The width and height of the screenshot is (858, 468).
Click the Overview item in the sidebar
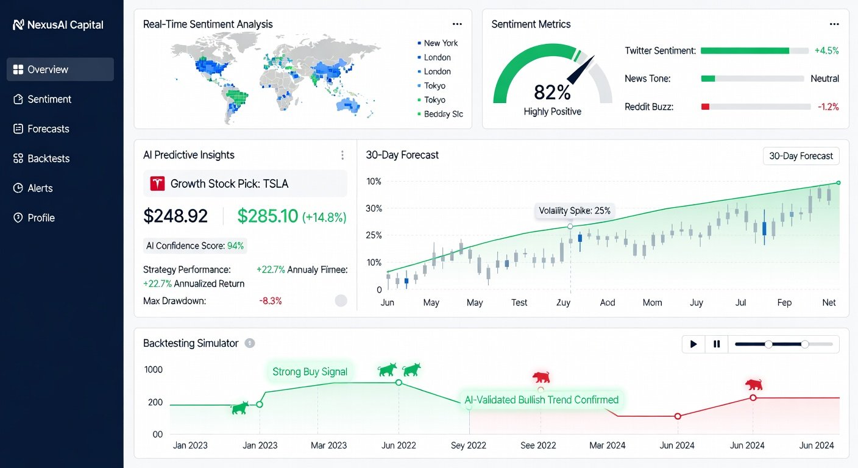[x=60, y=69]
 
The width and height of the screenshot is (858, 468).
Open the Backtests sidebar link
[x=49, y=158]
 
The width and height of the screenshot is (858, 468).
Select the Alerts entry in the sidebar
[x=40, y=188]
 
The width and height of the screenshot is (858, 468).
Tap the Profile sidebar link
[x=41, y=218]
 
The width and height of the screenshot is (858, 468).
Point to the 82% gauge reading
[x=552, y=93]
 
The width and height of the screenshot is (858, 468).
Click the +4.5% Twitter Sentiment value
[x=826, y=51]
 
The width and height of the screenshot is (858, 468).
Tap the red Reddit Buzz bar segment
[x=705, y=107]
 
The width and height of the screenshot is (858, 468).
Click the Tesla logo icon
[x=157, y=183]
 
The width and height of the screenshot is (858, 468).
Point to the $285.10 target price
[x=268, y=216]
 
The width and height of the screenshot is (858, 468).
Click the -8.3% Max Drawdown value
[x=271, y=300]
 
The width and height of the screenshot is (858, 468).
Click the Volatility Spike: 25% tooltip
[x=574, y=211]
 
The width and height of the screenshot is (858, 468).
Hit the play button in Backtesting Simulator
[x=693, y=344]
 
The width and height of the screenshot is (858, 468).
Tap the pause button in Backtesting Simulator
[x=717, y=344]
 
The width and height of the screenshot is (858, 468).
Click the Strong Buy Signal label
[x=310, y=372]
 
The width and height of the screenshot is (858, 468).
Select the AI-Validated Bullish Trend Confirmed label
[x=541, y=400]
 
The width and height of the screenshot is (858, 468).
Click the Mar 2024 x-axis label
[x=607, y=445]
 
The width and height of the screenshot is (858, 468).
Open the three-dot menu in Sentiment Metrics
[x=834, y=24]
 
